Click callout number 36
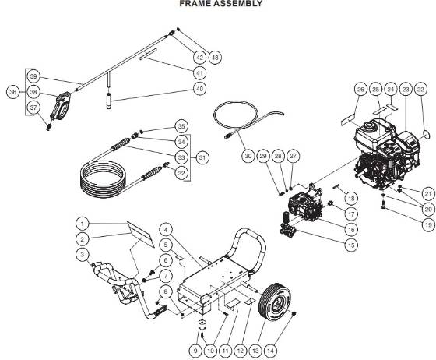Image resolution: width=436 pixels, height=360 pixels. [12, 92]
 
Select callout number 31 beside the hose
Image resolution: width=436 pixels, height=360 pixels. [202, 158]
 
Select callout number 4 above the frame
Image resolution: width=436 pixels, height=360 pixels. [166, 230]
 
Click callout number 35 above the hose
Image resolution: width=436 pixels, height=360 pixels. [181, 125]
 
